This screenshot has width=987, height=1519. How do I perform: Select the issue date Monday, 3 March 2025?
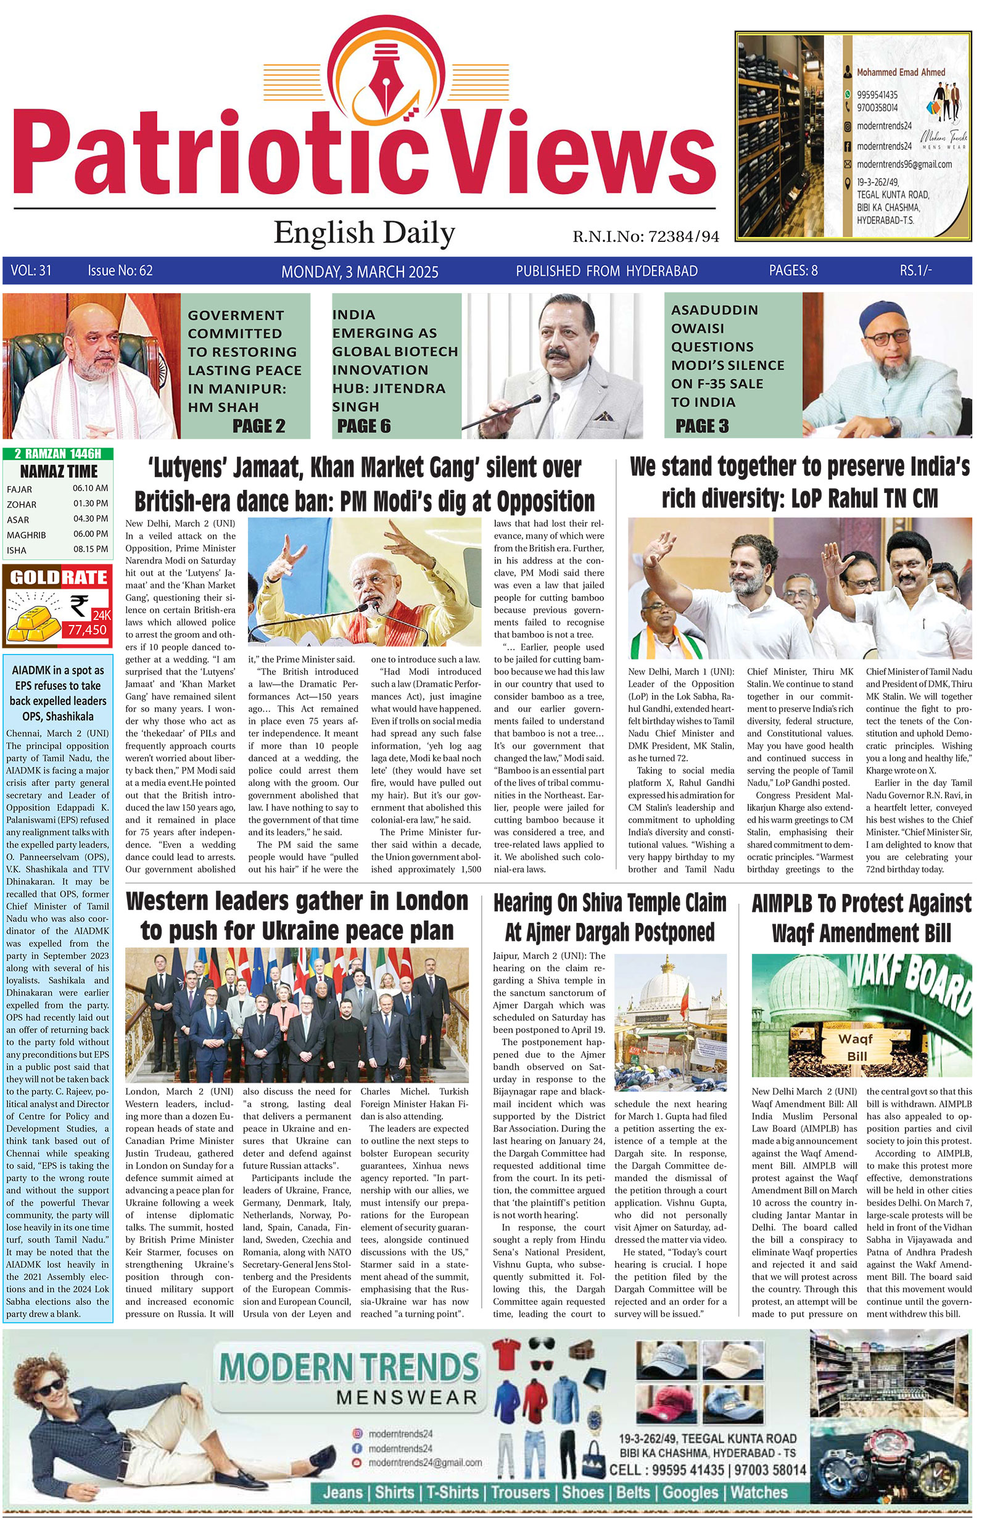tap(360, 272)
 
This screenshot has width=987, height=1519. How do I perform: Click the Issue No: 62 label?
tap(120, 271)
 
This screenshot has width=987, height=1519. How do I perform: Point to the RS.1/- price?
tap(915, 270)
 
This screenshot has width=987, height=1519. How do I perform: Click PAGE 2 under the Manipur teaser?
tap(258, 426)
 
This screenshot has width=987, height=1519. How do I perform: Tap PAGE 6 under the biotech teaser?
tap(364, 426)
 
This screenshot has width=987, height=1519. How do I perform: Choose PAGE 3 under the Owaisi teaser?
tap(702, 426)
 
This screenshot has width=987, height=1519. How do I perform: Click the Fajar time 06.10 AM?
tap(90, 488)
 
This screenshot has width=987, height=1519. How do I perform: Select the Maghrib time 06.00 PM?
tap(90, 534)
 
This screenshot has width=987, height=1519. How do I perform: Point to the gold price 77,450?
tap(88, 630)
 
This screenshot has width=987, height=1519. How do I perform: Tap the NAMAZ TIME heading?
tap(59, 471)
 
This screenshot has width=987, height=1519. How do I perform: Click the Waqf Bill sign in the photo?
tap(856, 1048)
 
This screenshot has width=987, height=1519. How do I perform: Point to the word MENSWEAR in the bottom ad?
tap(407, 1397)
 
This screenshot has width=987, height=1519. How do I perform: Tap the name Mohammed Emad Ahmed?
tap(900, 72)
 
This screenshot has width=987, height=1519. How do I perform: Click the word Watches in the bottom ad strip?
tap(759, 1492)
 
